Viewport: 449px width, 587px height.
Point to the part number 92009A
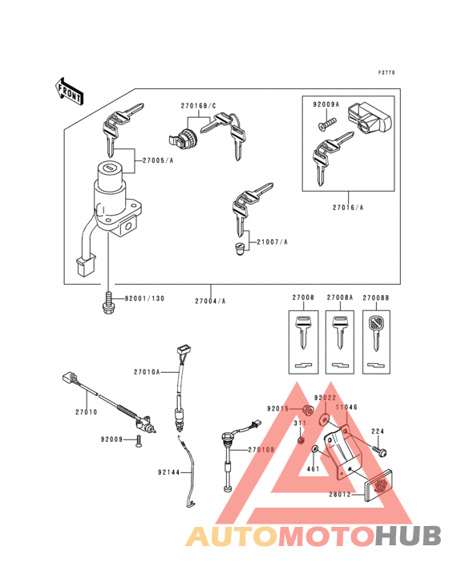[x=326, y=104]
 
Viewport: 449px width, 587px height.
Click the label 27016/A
[x=346, y=207]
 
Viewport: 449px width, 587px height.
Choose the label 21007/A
[x=272, y=241]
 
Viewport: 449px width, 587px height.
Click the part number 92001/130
[x=144, y=298]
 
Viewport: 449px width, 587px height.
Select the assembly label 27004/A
[x=210, y=301]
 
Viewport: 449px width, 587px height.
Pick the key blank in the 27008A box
[x=340, y=332]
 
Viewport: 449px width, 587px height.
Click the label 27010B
[x=261, y=450]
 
